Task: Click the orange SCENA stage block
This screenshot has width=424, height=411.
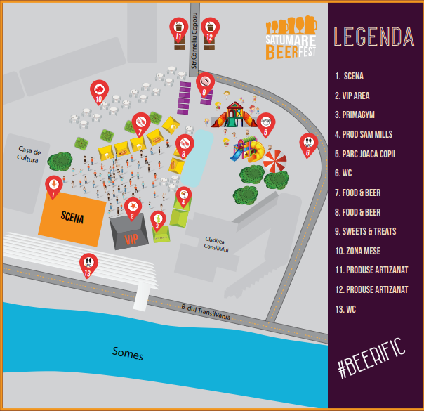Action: click(72, 218)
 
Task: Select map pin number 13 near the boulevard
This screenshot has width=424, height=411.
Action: click(88, 264)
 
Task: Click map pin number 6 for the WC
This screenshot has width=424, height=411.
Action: click(307, 144)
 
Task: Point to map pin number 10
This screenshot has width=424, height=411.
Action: click(100, 91)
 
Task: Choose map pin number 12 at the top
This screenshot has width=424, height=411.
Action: click(210, 29)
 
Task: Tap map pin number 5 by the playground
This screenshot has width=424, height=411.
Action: click(266, 124)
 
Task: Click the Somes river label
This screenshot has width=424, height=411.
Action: click(128, 352)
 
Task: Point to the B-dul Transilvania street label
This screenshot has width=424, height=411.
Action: click(206, 312)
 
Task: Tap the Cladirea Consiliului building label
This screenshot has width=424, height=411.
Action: click(216, 243)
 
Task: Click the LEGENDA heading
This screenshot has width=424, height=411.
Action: click(373, 36)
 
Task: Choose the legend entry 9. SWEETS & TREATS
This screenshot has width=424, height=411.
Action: click(373, 230)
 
